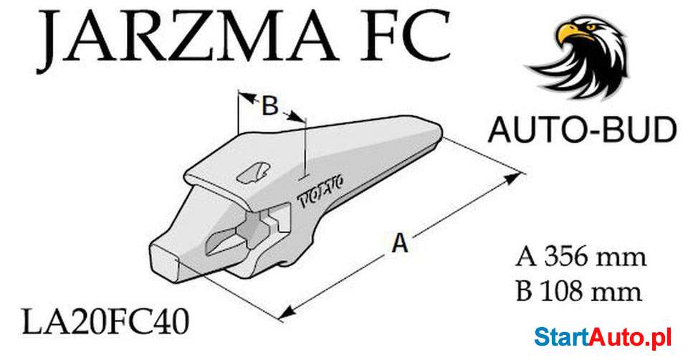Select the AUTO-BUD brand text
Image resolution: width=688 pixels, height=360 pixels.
(x=582, y=131)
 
